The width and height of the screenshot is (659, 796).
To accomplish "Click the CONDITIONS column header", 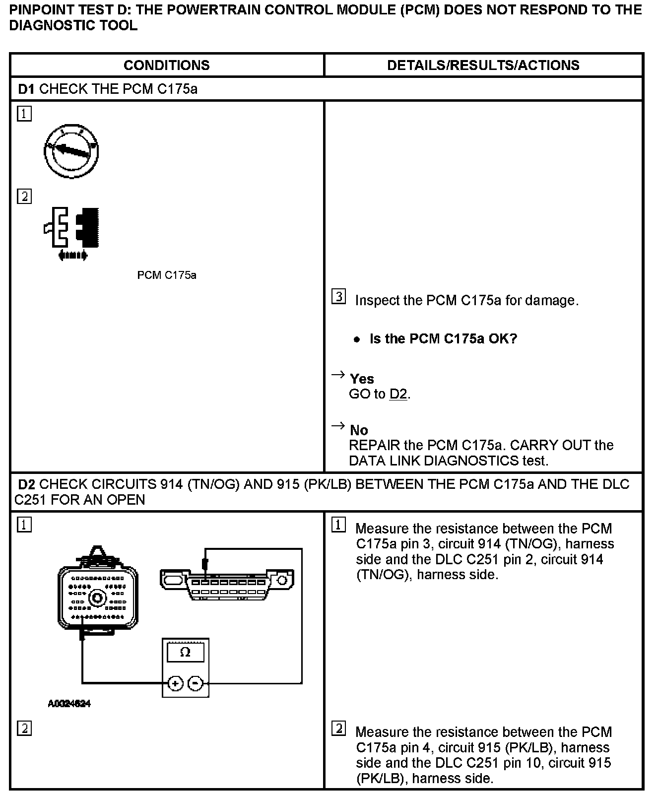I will (x=166, y=65).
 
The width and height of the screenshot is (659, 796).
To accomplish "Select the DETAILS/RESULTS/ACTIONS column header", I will (x=483, y=65).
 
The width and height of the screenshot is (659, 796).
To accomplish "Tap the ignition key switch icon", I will (x=71, y=151).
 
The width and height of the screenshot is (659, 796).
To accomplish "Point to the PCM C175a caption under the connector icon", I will (x=167, y=275).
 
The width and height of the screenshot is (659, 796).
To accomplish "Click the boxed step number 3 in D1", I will (x=338, y=297).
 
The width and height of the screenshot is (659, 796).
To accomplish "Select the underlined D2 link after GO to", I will (x=398, y=395).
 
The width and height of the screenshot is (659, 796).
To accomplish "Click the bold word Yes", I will (x=362, y=379).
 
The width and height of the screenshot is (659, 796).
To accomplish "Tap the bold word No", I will (x=359, y=430).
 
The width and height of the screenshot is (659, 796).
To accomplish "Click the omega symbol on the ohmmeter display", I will (x=185, y=652).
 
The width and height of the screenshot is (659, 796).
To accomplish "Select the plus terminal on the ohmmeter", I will (x=175, y=684).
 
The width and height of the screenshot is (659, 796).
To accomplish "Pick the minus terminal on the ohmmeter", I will (x=196, y=684).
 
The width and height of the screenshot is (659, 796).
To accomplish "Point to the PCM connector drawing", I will (x=97, y=596).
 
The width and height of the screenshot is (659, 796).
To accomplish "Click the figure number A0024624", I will (x=69, y=704).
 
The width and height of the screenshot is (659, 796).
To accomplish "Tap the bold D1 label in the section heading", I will (x=26, y=89).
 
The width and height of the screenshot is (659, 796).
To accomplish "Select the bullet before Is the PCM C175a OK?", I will (x=356, y=340).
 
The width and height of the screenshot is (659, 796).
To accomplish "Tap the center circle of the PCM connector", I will (x=97, y=597).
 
